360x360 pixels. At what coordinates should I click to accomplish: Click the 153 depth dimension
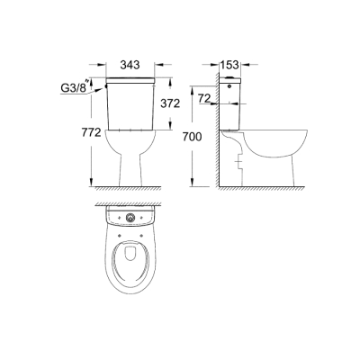[x=232, y=65]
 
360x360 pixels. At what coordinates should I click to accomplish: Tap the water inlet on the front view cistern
[x=105, y=84]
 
